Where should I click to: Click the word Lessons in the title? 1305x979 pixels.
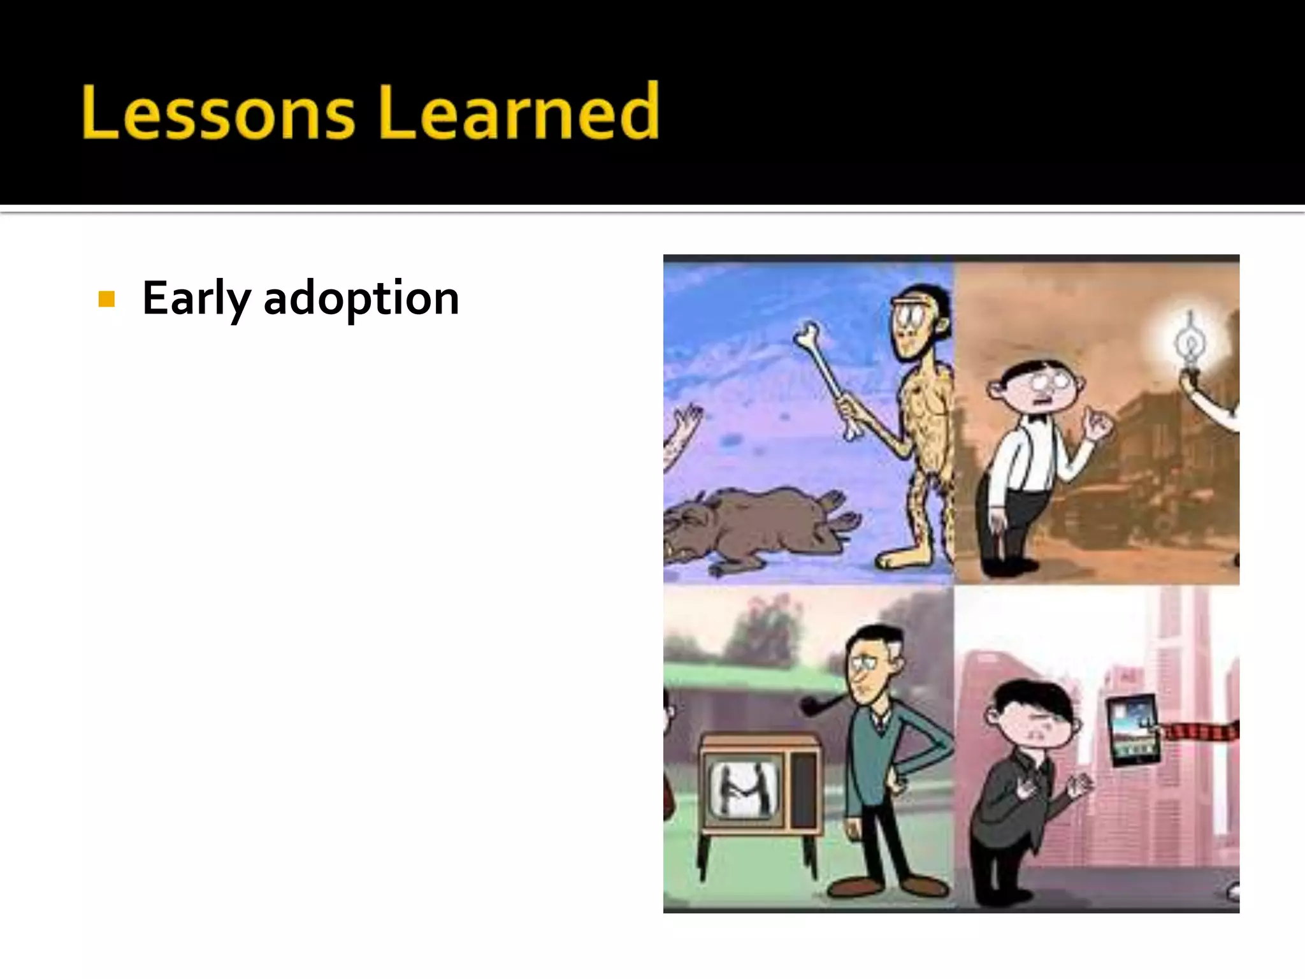click(218, 112)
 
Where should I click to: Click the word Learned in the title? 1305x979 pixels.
click(519, 112)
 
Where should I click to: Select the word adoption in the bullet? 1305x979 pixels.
click(361, 298)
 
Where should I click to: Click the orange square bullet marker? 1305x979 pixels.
click(106, 299)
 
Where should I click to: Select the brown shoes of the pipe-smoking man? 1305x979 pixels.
click(892, 886)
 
